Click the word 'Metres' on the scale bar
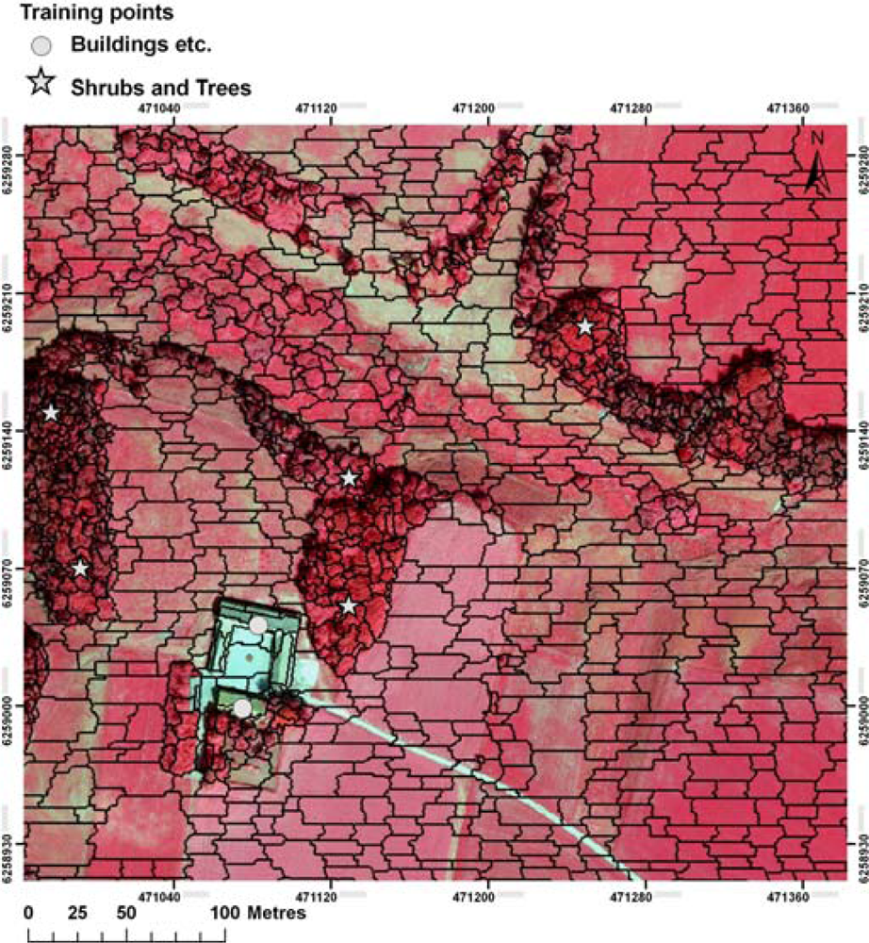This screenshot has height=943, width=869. coord(277,914)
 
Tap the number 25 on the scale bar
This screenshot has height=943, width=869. coord(78,914)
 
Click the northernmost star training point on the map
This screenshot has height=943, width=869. coord(584,326)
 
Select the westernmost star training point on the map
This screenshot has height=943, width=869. coord(51,413)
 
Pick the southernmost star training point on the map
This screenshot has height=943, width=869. coord(349,605)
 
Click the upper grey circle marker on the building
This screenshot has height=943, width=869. coord(258,624)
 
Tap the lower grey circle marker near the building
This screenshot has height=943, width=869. coord(243,707)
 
